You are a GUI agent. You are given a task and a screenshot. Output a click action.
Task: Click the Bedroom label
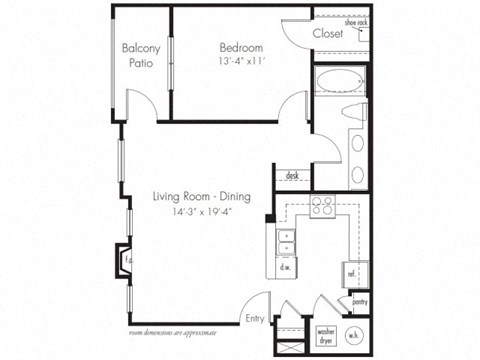pos(241,47)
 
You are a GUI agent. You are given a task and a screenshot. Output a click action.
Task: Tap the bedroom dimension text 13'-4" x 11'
pos(241,62)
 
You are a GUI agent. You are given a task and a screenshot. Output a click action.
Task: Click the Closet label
pos(328,33)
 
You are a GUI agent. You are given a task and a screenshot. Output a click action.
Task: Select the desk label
pos(292,175)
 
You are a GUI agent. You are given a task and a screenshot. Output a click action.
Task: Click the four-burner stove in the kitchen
pos(323,207)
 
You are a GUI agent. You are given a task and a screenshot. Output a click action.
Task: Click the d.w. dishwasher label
pos(286,267)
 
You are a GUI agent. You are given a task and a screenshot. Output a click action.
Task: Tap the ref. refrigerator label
pos(352,271)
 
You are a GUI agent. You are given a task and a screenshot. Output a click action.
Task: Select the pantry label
pos(358,299)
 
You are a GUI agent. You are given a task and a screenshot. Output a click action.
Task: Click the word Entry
pos(255,319)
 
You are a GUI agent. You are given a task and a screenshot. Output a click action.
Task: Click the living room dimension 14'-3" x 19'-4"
pos(201,212)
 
